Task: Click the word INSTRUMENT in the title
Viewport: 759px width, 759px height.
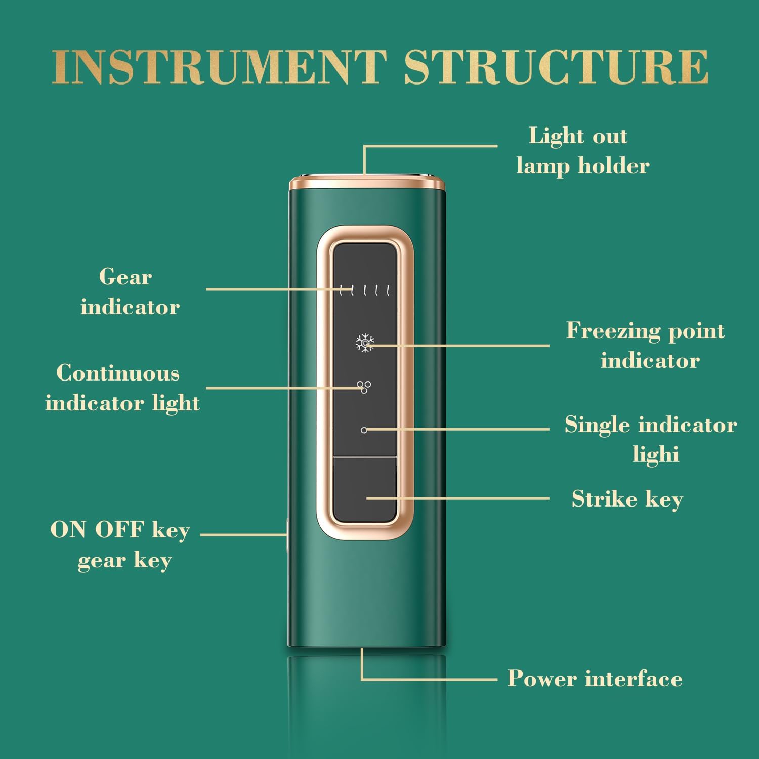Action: [x=219, y=67]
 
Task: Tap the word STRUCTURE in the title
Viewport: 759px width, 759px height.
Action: [x=556, y=67]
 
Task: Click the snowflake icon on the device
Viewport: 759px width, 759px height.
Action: [x=364, y=343]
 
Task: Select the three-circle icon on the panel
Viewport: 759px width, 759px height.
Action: [x=364, y=387]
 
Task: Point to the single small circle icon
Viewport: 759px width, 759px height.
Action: [x=364, y=430]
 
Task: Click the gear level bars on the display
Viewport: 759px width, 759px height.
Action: [x=365, y=290]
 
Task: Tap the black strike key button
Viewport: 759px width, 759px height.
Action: [x=365, y=490]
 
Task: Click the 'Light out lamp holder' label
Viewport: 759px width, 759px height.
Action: [x=582, y=151]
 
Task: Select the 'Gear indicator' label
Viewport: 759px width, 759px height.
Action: [x=130, y=292]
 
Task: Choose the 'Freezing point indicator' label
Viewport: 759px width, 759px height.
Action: [x=646, y=346]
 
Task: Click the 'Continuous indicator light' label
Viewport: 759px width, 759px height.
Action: [x=122, y=389]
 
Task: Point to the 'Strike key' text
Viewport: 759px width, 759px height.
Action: [x=627, y=499]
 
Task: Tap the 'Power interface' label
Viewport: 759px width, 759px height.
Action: [x=595, y=679]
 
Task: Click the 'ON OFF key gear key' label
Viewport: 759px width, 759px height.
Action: [x=120, y=545]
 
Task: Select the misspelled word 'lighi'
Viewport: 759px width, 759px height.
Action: [x=656, y=454]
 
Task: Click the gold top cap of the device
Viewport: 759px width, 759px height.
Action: [x=367, y=182]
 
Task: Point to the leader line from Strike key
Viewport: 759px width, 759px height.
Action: [x=457, y=498]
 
